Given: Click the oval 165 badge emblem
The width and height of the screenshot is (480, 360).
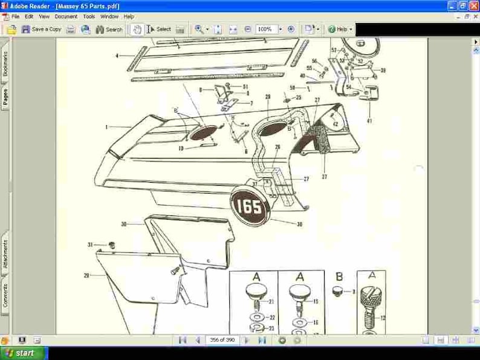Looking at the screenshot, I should (x=249, y=208).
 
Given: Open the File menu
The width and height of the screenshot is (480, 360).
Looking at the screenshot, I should (x=15, y=16).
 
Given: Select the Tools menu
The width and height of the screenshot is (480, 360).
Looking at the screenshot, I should (x=89, y=16).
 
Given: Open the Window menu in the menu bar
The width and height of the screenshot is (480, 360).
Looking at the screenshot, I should (x=109, y=16).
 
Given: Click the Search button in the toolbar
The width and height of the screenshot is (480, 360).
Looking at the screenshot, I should (x=109, y=29).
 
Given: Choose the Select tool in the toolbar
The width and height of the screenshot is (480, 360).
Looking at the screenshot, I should (x=159, y=29).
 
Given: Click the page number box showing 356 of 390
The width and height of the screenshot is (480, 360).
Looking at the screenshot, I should (x=221, y=340).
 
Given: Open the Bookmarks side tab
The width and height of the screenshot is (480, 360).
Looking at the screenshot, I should (x=5, y=64).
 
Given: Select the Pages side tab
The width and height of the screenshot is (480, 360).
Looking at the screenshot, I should (x=5, y=97).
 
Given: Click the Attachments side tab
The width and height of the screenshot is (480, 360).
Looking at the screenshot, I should (x=5, y=255).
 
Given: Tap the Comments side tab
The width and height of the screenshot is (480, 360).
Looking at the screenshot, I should (x=5, y=295).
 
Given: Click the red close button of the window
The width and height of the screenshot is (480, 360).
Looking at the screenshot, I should (x=473, y=5).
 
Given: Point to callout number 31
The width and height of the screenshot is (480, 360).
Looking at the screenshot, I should (x=90, y=244).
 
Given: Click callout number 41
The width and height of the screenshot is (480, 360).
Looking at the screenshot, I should (x=369, y=121).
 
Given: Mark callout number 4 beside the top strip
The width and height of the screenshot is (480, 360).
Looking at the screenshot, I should (x=117, y=56).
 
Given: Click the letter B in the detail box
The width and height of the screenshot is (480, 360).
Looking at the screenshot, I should (x=339, y=277).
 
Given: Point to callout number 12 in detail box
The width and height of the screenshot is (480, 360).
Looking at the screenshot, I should (x=382, y=317).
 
